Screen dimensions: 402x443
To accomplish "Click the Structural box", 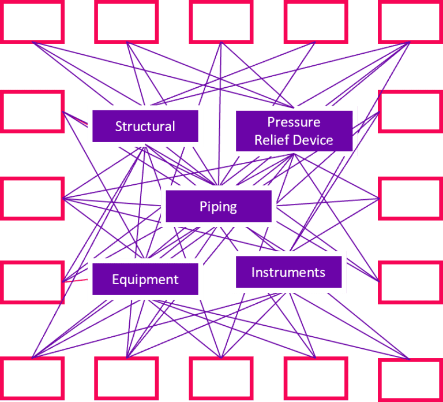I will pos(145,126).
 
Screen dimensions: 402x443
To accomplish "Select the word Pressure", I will pos(294,122).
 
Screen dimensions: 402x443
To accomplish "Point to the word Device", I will pos(313,140).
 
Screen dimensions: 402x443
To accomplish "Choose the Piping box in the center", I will pos(218,206).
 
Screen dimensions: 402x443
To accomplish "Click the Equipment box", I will pos(145,280).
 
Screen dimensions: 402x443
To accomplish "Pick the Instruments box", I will pos(288,272).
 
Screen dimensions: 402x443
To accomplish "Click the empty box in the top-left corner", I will pos(32,22).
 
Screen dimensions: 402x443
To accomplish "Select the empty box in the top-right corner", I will pos(410,22).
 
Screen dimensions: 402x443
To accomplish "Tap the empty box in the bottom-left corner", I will pos(32,378).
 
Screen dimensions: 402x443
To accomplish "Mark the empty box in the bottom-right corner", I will pos(410,379).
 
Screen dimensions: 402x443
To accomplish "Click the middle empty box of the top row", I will pos(221,22).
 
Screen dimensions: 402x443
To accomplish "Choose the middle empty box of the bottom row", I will pos(221,378).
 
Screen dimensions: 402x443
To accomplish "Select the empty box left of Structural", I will pos(32,110).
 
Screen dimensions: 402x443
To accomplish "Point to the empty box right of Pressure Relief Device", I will pos(410,110).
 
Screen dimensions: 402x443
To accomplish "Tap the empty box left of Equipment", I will pos(32,282).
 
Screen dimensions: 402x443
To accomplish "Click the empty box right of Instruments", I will pos(410,282).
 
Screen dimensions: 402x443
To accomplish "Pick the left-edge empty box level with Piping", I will pos(32,198).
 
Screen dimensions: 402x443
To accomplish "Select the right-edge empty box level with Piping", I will pos(410,198).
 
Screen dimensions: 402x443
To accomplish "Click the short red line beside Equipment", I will pos(76,281).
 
